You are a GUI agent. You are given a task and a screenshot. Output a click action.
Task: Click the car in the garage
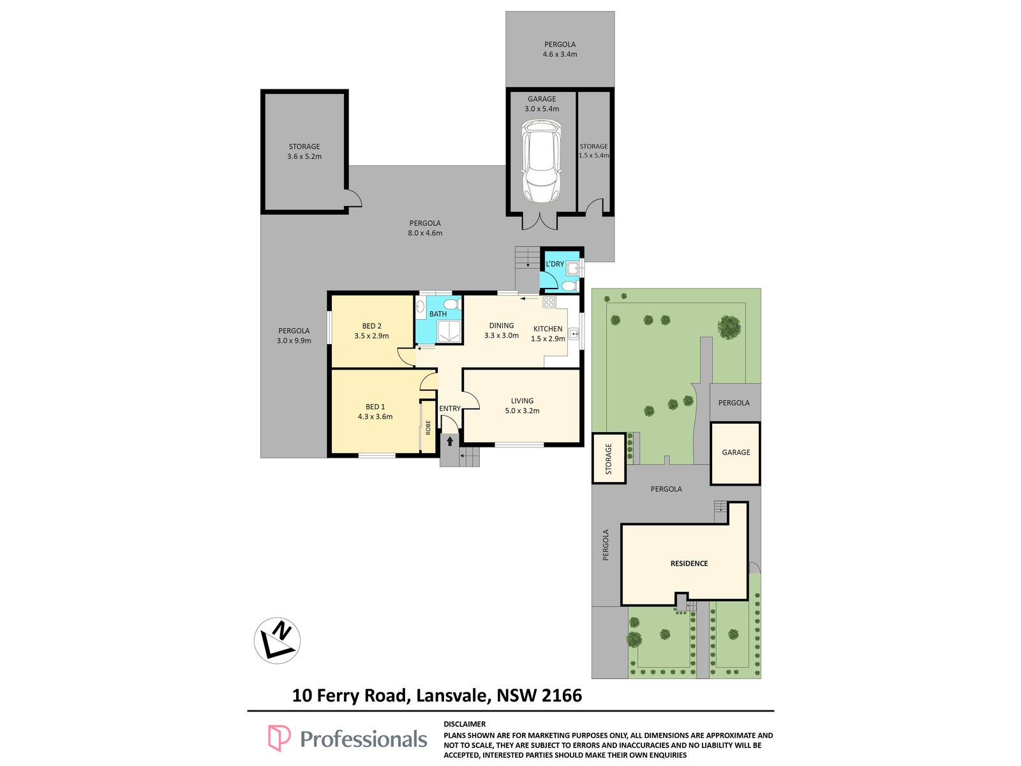[x=541, y=160]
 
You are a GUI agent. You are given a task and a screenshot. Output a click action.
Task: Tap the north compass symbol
[x=277, y=640]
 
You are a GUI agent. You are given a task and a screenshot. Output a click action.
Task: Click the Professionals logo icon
[x=279, y=738]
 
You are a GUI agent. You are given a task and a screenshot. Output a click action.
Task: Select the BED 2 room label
[x=371, y=326]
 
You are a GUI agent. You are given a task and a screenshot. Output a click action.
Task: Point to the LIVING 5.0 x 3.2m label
[x=522, y=405]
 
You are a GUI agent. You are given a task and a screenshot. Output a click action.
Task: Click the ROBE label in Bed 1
[x=428, y=428]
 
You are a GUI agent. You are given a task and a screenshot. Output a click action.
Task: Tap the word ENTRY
[x=450, y=409]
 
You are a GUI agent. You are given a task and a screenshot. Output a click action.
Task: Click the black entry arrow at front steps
[x=450, y=440]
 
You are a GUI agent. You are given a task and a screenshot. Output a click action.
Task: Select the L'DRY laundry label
[x=555, y=264]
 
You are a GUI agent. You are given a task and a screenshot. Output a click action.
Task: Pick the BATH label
[x=438, y=314]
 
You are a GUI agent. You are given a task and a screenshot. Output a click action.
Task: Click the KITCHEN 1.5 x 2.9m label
[x=548, y=333]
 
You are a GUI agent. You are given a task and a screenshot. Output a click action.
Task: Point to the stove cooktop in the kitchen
[x=548, y=303]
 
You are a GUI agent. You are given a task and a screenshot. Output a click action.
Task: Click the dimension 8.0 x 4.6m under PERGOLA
[x=425, y=233]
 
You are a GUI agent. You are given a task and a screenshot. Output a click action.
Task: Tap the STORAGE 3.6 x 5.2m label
[x=304, y=151]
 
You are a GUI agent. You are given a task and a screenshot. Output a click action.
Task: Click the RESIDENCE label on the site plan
[x=689, y=563]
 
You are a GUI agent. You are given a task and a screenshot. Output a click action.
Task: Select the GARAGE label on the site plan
[x=735, y=452]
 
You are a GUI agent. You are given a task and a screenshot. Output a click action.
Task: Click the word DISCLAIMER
[x=464, y=724]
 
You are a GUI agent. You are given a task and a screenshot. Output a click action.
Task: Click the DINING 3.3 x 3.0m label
[x=501, y=330]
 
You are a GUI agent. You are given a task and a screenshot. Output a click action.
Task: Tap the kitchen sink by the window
[x=574, y=334]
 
